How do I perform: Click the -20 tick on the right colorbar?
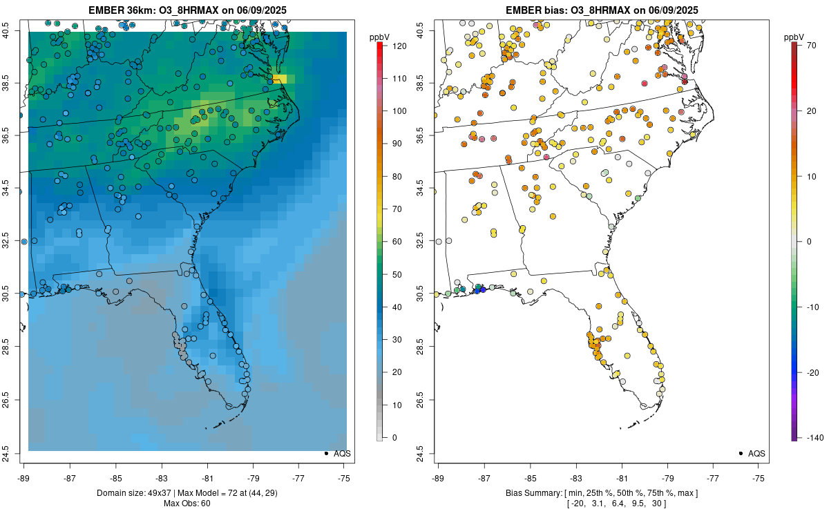808,372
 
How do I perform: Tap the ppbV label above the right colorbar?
794,37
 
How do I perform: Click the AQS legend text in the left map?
343,454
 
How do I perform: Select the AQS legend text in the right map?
756,454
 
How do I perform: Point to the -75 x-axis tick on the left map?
344,477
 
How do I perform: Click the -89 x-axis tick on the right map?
439,477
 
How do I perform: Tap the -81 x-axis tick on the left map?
207,477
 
